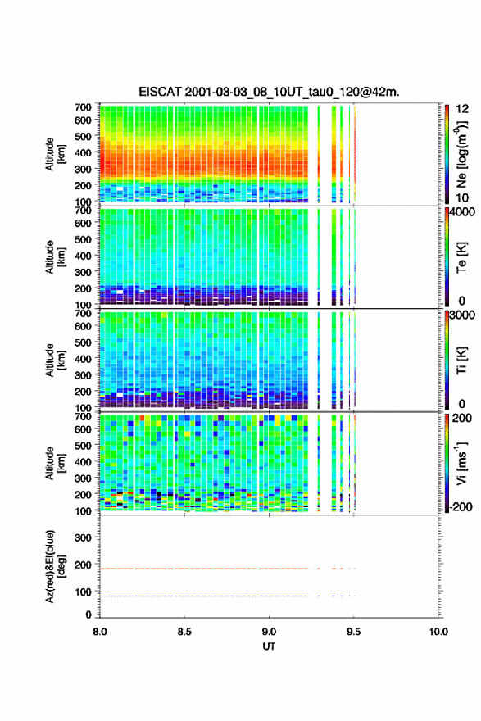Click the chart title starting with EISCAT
tap(269, 92)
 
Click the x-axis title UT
tap(269, 646)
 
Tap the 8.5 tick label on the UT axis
tap(184, 632)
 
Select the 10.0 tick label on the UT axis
tap(438, 632)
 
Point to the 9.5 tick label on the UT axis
tap(354, 632)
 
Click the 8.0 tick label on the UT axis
tap(100, 632)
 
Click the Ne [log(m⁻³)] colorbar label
tap(461, 154)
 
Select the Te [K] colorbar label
tap(461, 257)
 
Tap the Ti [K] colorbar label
tap(461, 360)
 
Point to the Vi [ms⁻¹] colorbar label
tap(461, 464)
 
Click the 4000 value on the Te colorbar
tap(462, 212)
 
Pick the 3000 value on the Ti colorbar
tap(462, 315)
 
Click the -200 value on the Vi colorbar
tap(461, 506)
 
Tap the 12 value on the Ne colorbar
tap(462, 109)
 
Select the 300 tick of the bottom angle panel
tap(83, 537)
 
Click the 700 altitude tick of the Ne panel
tap(83, 107)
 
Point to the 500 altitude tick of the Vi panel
tap(83, 445)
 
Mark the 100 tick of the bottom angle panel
tap(83, 592)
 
